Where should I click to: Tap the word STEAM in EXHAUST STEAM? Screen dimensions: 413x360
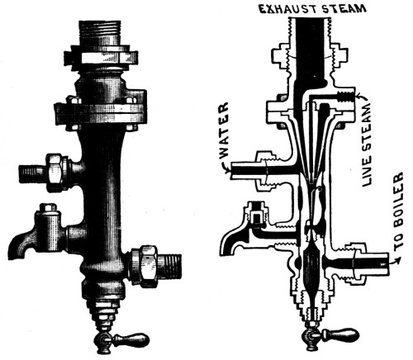pyautogui.click(x=344, y=9)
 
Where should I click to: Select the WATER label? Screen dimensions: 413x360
pyautogui.click(x=225, y=130)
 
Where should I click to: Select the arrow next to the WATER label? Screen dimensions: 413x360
pyautogui.click(x=227, y=168)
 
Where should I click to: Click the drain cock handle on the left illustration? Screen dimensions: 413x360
pyautogui.click(x=131, y=339)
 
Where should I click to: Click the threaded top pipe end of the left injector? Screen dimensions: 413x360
pyautogui.click(x=100, y=32)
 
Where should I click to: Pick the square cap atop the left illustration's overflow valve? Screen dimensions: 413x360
pyautogui.click(x=49, y=207)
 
